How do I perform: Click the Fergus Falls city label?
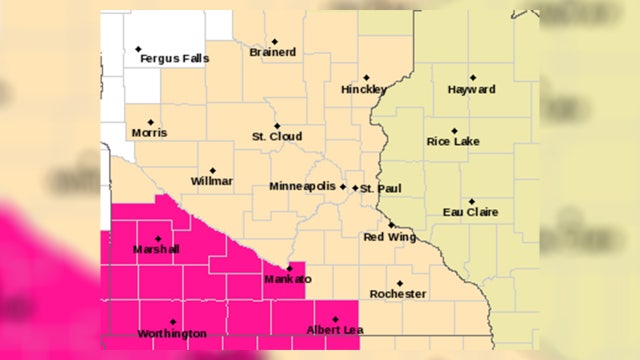coord(175,59)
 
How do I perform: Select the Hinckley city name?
coord(364,89)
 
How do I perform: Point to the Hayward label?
coord(472,89)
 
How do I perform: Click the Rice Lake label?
coord(453,142)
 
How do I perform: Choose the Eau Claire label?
coord(470,212)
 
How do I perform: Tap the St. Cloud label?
coord(277,137)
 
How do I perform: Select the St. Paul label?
coord(379,188)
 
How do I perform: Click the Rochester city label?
coord(398,294)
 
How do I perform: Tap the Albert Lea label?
coord(334,331)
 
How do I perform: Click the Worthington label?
coord(173,333)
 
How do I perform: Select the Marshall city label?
coord(156,249)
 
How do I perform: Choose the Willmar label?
coord(212,181)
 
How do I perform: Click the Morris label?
coord(149,133)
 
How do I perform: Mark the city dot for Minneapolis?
coord(343,186)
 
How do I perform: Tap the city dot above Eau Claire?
coord(471,201)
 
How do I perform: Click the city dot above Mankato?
coord(289,268)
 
